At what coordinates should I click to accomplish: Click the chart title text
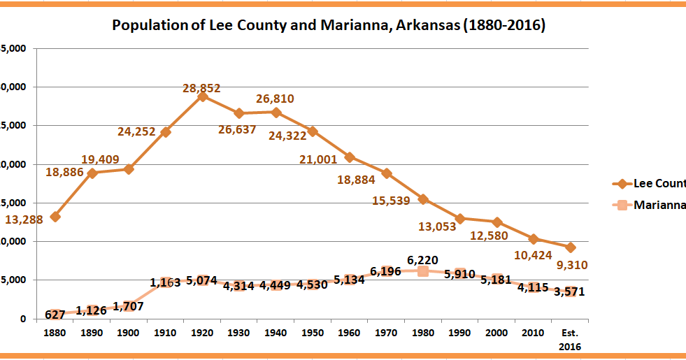(329, 27)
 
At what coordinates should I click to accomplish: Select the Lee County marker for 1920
(203, 96)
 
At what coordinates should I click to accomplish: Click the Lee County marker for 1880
(55, 217)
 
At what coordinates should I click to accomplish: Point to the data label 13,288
(24, 219)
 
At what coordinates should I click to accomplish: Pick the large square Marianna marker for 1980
(423, 271)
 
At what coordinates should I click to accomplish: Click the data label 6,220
(422, 260)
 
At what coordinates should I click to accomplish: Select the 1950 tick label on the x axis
(312, 333)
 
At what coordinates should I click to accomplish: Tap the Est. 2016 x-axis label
(571, 339)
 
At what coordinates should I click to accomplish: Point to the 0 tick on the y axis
(22, 319)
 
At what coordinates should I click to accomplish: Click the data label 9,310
(571, 265)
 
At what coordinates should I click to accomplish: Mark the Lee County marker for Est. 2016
(571, 247)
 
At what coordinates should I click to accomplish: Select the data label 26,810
(275, 99)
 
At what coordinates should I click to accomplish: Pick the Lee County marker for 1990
(459, 219)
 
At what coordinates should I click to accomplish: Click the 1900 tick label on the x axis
(128, 333)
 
